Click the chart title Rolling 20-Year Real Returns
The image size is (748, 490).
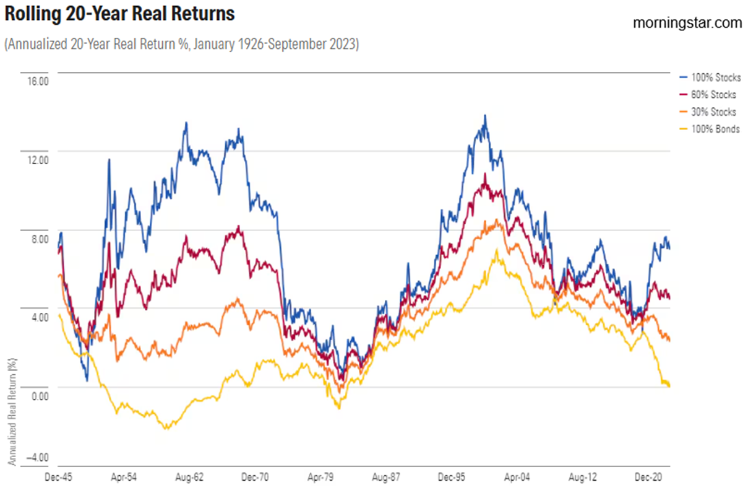pos(119,14)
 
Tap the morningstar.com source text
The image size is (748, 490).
pos(687,23)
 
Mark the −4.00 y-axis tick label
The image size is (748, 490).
pos(36,457)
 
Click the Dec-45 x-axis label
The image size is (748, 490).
pos(58,478)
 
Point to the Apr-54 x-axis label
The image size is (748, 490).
pos(123,478)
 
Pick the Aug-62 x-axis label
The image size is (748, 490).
pos(190,478)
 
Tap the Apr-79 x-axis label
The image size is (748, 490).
pos(322,478)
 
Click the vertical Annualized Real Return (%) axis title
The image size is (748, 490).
pos(11,412)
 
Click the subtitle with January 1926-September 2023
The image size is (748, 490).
pos(181,45)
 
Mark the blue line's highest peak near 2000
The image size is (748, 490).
pos(485,115)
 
